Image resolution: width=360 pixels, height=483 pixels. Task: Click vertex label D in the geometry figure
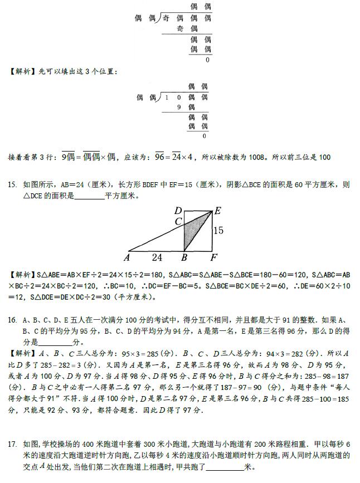pos(178,211)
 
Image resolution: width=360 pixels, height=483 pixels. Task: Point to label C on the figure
pos(178,221)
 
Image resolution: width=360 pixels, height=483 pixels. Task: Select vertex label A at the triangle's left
pos(128,258)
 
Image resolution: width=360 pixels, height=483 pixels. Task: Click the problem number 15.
pos(12,184)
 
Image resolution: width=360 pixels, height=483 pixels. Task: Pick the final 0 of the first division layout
pos(207,60)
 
